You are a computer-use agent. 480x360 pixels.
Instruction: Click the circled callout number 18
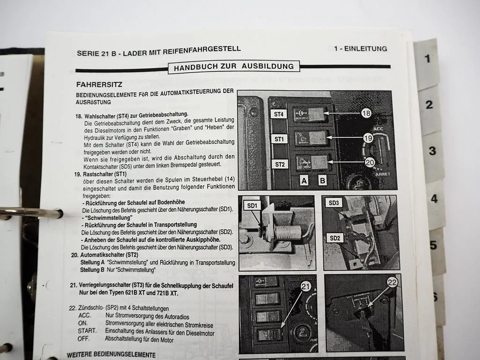point(366,112)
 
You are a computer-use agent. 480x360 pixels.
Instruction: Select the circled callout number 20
point(370,162)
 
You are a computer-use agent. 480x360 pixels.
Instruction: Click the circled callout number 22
point(392,282)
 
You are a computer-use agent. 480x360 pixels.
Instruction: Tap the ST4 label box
point(278,114)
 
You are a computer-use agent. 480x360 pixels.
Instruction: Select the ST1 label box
point(279,139)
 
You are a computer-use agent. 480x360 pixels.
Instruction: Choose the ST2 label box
point(280,164)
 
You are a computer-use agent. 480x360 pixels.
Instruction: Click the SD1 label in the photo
point(252,206)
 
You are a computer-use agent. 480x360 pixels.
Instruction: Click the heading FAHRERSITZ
point(99,85)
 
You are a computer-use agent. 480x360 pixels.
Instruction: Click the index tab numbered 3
point(432,151)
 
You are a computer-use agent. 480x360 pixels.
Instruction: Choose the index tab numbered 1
point(427,59)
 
